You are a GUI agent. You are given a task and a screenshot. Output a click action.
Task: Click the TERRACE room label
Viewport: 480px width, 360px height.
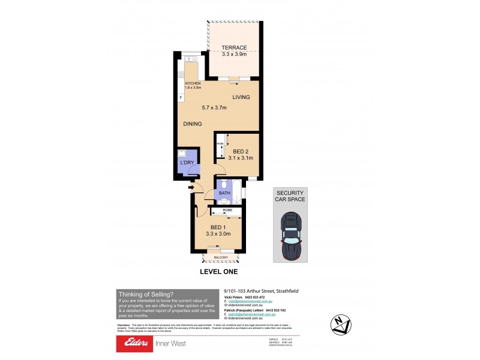pos(234,47)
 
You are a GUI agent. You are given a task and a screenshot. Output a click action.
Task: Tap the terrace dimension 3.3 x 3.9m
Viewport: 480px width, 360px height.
pos(234,55)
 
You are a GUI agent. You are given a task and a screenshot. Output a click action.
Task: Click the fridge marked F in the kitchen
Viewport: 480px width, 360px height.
pos(181,97)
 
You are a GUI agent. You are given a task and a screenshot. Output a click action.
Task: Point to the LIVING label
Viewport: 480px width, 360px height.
pos(241,97)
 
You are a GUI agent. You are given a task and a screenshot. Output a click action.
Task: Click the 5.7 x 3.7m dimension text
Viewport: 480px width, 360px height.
pos(215,107)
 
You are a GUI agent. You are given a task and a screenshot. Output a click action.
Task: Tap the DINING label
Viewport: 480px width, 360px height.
pos(192,124)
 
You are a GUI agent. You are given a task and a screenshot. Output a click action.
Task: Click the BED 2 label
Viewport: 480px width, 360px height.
pos(241,151)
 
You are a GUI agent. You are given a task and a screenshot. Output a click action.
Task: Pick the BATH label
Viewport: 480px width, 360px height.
pos(224,193)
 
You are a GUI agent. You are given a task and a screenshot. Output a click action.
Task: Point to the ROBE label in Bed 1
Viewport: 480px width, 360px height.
pos(227,211)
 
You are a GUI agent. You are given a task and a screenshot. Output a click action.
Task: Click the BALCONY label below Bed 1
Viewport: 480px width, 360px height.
pos(221,257)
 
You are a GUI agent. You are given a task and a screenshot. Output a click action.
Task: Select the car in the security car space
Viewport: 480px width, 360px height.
pos(290,239)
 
